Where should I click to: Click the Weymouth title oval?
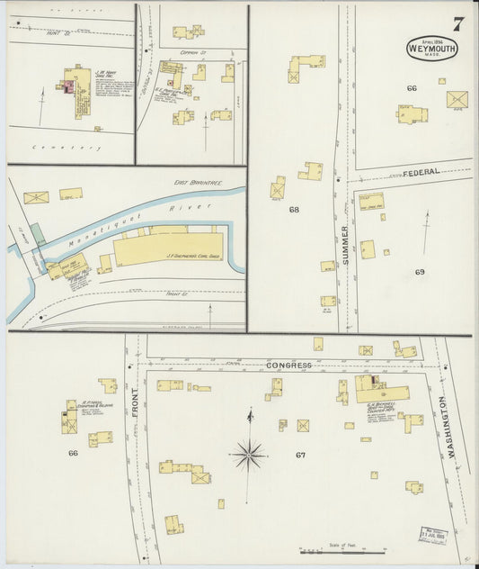click(x=432, y=48)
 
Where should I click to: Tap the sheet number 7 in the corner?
click(x=457, y=24)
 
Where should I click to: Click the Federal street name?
click(x=420, y=171)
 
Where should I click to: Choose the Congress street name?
click(x=288, y=366)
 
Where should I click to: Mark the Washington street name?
click(x=452, y=421)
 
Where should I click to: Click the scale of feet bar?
click(x=342, y=550)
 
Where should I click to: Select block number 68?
click(x=293, y=210)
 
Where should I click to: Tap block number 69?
click(x=420, y=271)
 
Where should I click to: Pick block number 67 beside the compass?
click(x=300, y=455)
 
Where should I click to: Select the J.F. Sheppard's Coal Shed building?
click(x=168, y=248)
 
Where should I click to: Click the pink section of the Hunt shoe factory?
click(x=66, y=86)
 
